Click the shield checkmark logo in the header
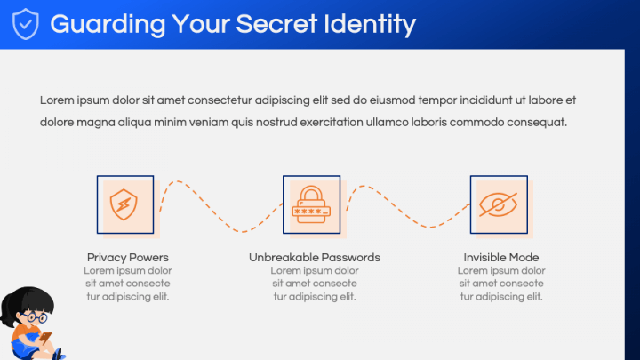coord(25,24)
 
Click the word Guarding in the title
coord(108,25)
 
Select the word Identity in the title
coord(370,25)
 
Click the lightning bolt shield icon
coord(124,204)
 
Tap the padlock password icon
coord(311,205)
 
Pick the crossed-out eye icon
coord(499,204)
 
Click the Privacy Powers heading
coord(128,258)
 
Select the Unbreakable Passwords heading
coord(315,258)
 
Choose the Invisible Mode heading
coord(501,258)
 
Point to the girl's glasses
coord(35,316)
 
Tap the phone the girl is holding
coord(45,337)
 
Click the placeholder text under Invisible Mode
coord(501,284)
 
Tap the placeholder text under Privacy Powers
coord(128,284)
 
